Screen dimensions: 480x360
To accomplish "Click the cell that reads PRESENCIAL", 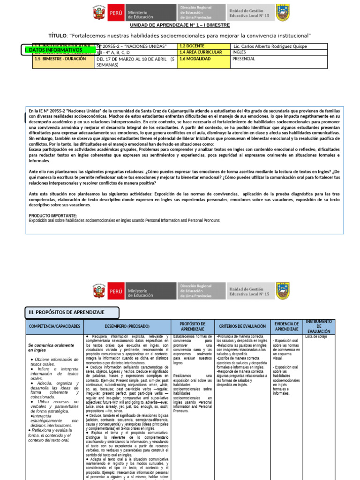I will [x=244, y=59].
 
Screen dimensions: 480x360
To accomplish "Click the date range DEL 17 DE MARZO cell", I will [x=135, y=62].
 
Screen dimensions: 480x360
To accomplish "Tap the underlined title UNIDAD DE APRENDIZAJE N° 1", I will [x=180, y=26].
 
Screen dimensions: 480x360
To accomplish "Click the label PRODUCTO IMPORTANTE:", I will [x=53, y=216].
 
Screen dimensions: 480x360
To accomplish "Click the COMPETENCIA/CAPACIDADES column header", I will [x=55, y=326].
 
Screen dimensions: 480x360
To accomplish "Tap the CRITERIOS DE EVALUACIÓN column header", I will [x=242, y=326].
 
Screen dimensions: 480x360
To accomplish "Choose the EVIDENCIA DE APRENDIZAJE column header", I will [x=287, y=326].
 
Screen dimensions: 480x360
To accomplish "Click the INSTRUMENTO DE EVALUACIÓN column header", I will [x=319, y=326].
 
